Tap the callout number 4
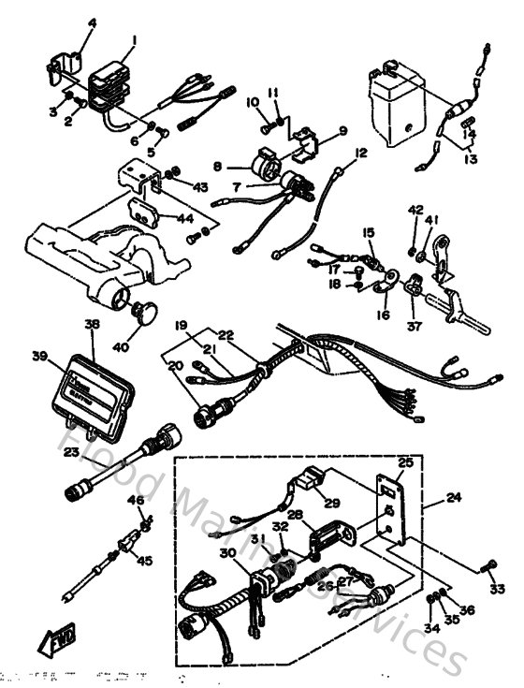coord(91,22)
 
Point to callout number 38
coord(91,325)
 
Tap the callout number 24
coord(453,498)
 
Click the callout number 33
coord(496,589)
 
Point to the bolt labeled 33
coord(488,564)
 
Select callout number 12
coord(360,152)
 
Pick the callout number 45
coord(144,561)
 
